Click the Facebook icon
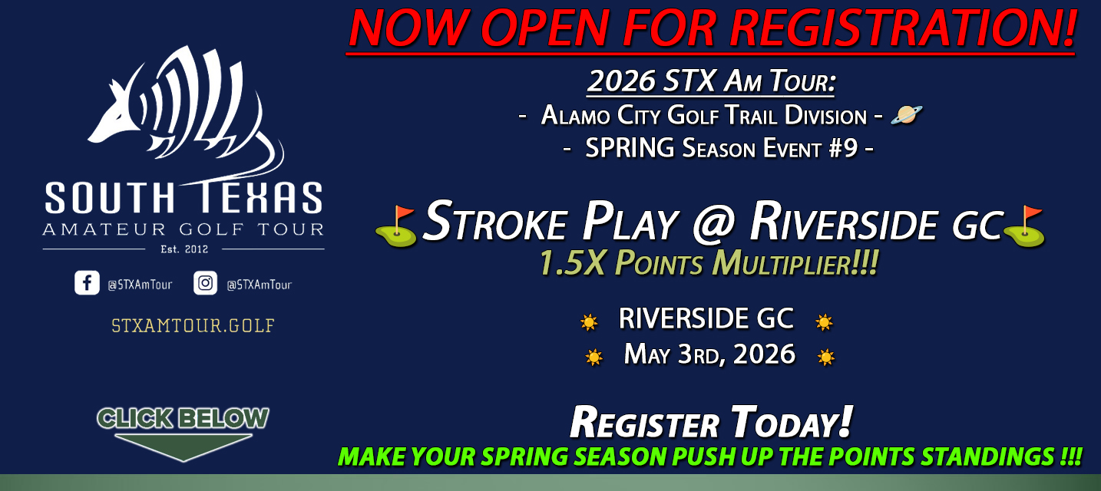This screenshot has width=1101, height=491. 87,283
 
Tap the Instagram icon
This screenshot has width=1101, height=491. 205,283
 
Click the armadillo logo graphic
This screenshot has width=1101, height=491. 184,111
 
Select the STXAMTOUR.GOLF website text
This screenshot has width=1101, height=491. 193,325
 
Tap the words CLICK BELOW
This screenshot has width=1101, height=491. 183,418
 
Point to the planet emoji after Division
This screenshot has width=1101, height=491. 906,115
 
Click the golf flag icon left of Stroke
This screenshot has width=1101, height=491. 396,226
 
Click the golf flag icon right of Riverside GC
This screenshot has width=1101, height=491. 1025,226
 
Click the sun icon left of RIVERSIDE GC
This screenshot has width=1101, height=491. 589,322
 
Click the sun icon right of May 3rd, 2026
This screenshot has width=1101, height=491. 826,357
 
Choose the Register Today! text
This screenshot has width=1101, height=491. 711,423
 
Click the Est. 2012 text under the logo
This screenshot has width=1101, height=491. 183,249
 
